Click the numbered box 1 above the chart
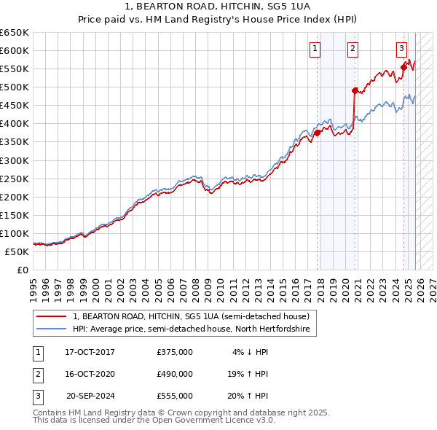click(x=315, y=50)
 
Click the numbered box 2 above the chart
click(x=353, y=50)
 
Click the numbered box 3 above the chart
click(x=401, y=50)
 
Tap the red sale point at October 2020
click(x=355, y=91)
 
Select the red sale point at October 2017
click(x=318, y=133)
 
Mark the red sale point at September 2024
click(x=403, y=67)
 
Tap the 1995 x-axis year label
click(x=34, y=284)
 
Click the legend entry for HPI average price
click(x=191, y=329)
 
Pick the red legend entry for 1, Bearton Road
click(x=191, y=316)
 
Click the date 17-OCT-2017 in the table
click(x=90, y=352)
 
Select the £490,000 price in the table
click(x=174, y=374)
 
